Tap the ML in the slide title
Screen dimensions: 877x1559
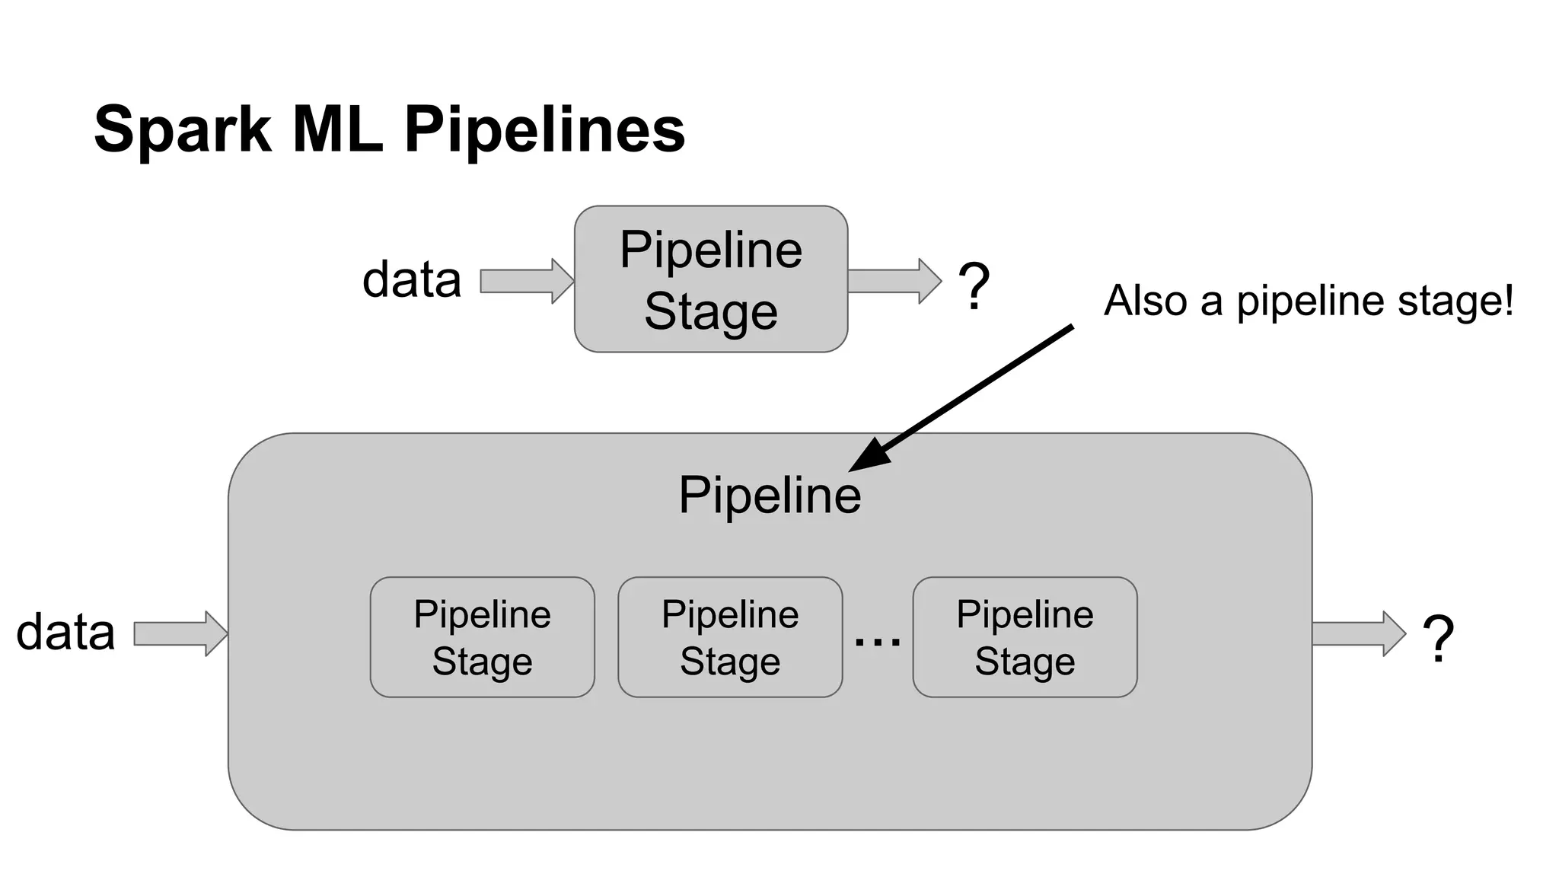[x=337, y=129]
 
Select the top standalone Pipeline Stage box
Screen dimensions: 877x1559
[x=710, y=279]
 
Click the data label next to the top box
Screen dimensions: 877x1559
[x=412, y=280]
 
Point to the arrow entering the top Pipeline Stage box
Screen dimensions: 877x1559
[x=526, y=281]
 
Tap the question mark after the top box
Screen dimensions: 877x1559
[x=973, y=286]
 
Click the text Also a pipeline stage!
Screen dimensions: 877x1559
[x=1307, y=301]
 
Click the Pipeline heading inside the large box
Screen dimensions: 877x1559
[x=770, y=496]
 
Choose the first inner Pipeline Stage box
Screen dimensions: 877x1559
[x=482, y=637]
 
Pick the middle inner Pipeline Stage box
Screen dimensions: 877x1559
[x=729, y=637]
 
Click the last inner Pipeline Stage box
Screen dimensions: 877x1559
[x=1025, y=637]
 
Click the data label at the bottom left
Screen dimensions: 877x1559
[x=65, y=633]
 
